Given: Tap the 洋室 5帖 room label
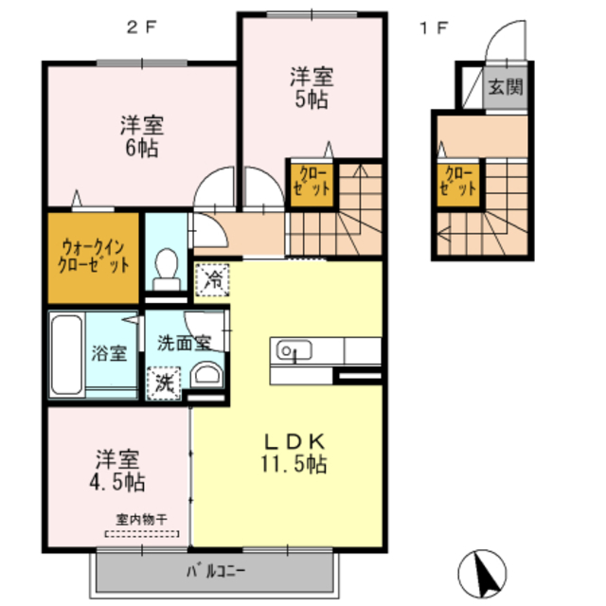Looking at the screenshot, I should pyautogui.click(x=310, y=88).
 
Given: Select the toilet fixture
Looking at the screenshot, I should pyautogui.click(x=168, y=267).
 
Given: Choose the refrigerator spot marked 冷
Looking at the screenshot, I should pyautogui.click(x=214, y=279).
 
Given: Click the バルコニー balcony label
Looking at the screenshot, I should pyautogui.click(x=215, y=571).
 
